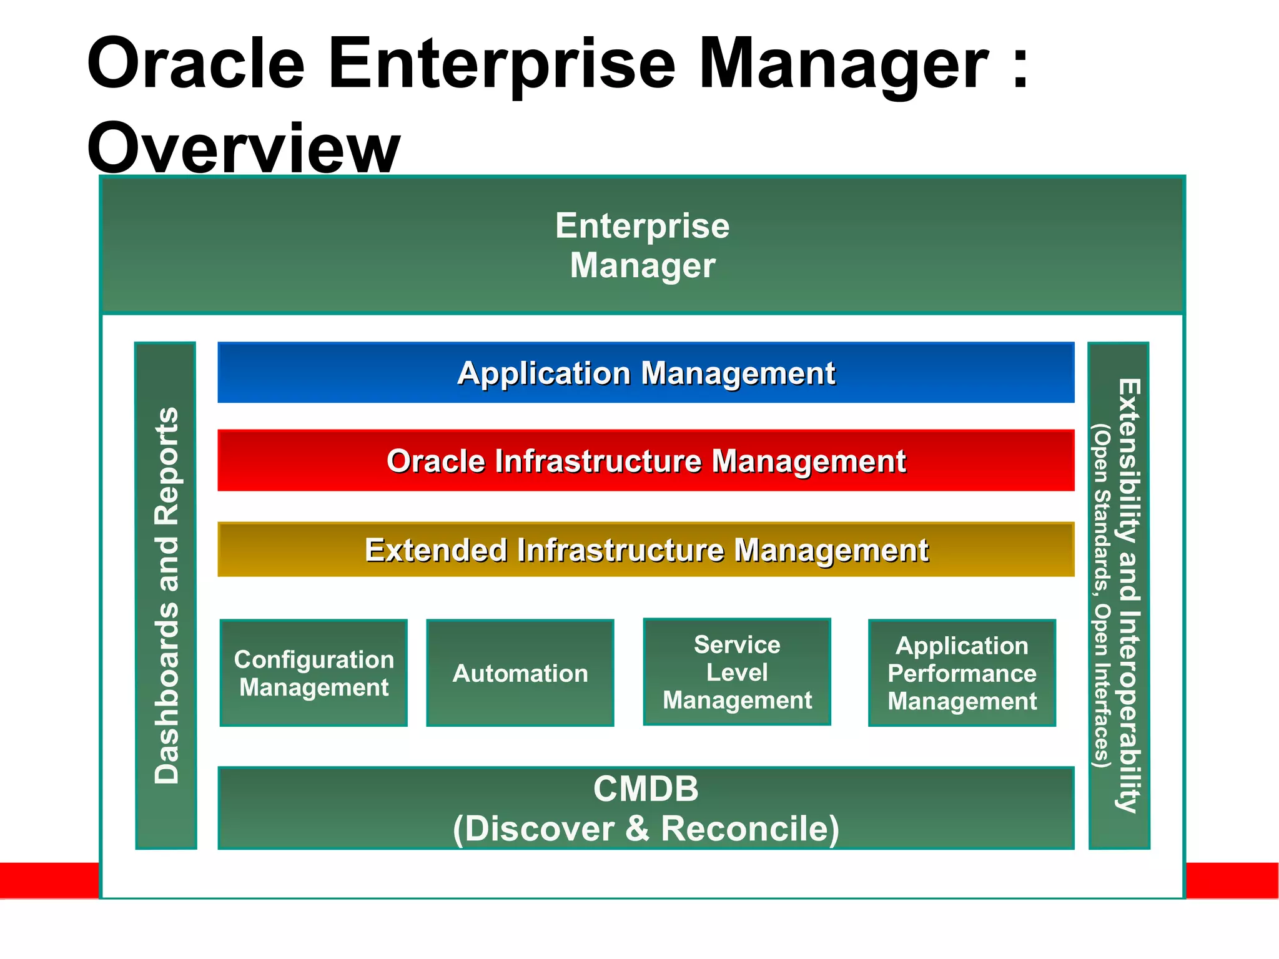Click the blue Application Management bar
[646, 373]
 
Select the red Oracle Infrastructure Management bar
[646, 461]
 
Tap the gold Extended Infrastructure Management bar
[646, 549]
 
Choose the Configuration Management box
[314, 673]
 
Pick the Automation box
[520, 673]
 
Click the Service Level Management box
[737, 672]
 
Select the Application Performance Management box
[962, 673]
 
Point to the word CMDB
[646, 789]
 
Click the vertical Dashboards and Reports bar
[166, 595]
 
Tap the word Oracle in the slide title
[195, 64]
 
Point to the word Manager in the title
[843, 64]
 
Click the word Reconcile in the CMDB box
[749, 829]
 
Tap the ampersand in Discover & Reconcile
[637, 829]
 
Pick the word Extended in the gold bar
[435, 550]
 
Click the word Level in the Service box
[737, 672]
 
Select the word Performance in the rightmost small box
[962, 674]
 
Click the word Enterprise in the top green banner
[642, 225]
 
